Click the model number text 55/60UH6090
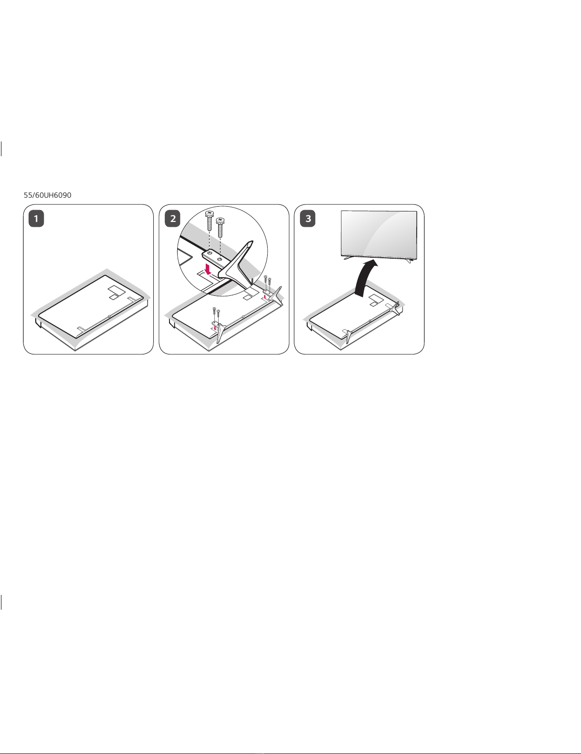pos(48,195)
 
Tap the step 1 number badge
pos(36,219)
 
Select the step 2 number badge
pos(172,219)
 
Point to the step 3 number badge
pos(308,219)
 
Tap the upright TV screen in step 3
pos(379,234)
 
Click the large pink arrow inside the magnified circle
pos(208,270)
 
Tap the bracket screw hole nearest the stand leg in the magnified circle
pos(220,259)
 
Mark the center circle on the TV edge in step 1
pos(109,316)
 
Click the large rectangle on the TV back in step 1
pos(116,290)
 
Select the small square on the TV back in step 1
pos(113,297)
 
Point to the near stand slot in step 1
pos(80,328)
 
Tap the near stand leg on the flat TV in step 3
pos(349,335)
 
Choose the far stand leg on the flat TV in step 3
pos(395,307)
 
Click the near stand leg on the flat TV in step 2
pos(220,332)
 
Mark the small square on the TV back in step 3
pos(373,304)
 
